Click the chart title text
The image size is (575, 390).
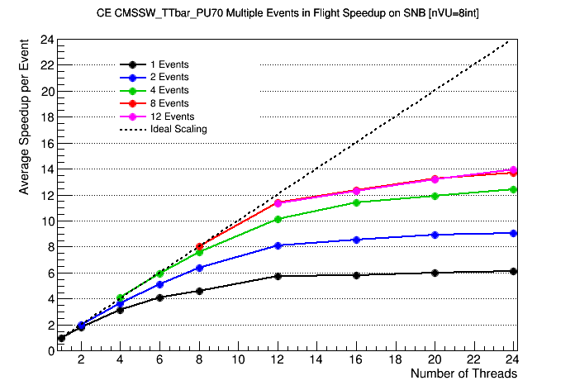pos(287,14)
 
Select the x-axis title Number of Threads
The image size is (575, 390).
pos(463,374)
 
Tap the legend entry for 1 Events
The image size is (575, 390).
pos(169,64)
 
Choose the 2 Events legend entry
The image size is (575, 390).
pos(169,77)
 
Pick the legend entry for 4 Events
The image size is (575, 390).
pos(169,90)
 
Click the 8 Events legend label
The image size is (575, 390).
pos(169,103)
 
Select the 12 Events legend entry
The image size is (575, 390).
pos(172,117)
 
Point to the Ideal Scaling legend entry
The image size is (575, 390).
pos(178,129)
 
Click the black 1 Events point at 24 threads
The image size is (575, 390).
pos(514,271)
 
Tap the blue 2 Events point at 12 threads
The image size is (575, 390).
pos(278,245)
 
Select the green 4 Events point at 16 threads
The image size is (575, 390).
pos(356,202)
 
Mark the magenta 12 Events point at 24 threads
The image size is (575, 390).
pos(514,170)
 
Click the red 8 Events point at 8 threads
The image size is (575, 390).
pos(199,246)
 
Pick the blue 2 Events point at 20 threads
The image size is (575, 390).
pos(435,235)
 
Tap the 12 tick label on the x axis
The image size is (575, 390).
pos(278,361)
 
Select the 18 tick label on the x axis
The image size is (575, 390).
pos(396,361)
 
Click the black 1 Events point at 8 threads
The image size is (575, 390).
pos(199,291)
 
